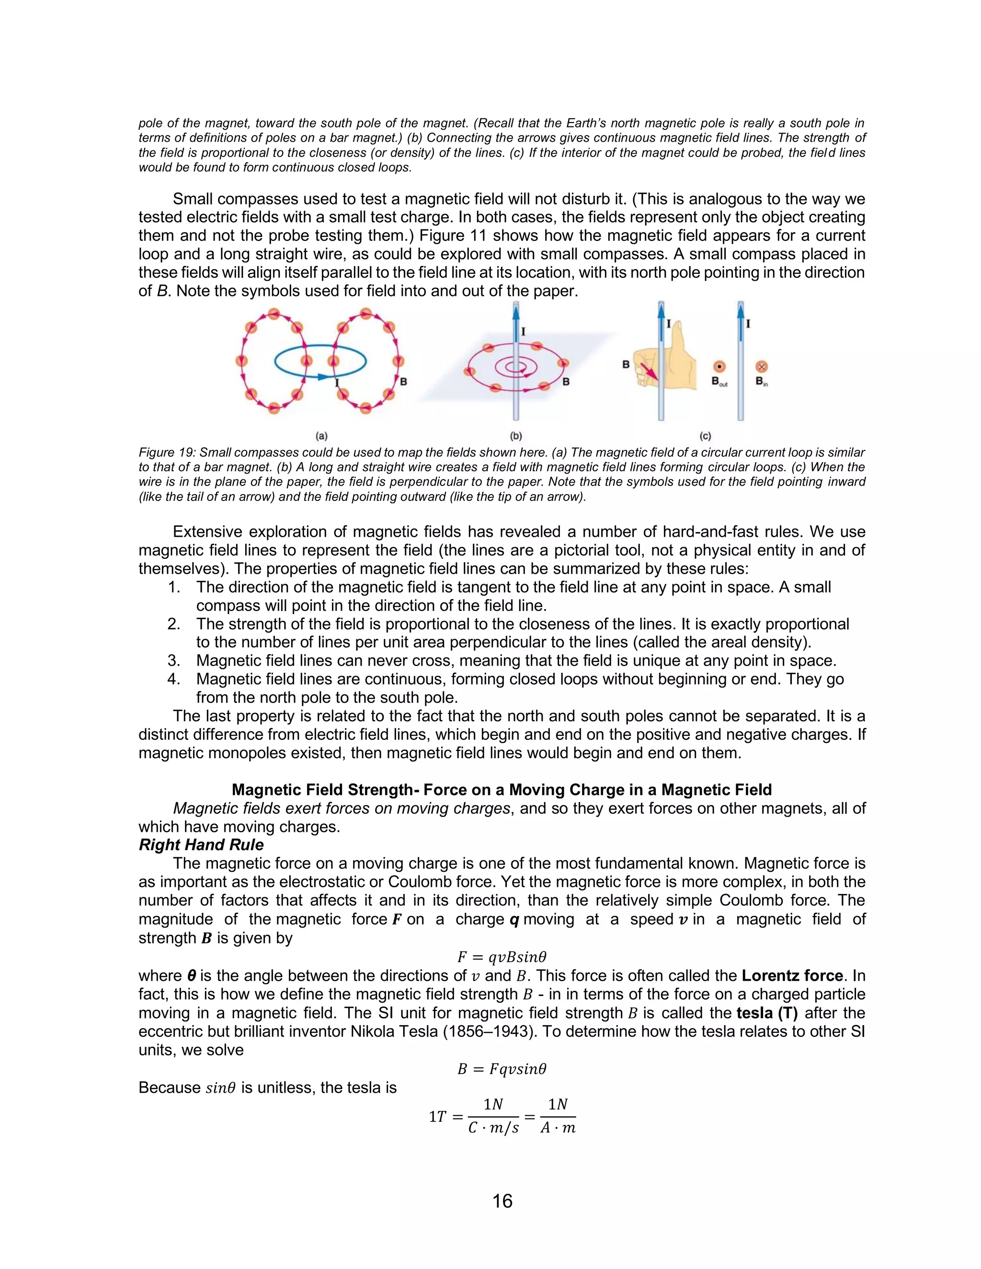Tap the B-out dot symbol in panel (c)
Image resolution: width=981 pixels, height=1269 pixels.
coord(719,367)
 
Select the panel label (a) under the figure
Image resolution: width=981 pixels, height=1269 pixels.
coord(321,435)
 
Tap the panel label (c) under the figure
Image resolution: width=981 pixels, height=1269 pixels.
coord(705,435)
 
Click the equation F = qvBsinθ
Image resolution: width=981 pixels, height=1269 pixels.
coord(502,957)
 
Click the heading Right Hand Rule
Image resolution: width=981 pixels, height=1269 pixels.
coord(201,845)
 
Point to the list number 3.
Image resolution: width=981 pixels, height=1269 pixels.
coord(174,661)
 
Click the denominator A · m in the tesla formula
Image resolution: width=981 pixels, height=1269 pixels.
coord(558,1128)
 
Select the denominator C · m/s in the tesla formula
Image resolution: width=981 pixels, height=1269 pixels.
coord(493,1128)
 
